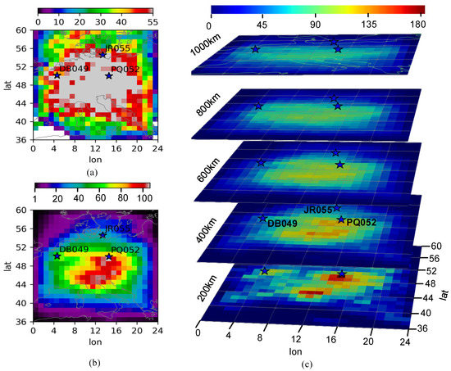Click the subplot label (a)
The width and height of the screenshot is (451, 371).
[92, 171]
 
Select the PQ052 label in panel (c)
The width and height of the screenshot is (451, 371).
[363, 221]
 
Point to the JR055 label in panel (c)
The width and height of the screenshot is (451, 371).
[317, 210]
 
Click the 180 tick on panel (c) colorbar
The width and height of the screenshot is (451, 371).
[417, 25]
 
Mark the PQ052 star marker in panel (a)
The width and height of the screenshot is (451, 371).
[109, 76]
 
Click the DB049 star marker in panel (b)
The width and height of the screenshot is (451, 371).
[57, 256]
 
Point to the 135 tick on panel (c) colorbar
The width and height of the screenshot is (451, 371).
[365, 25]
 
